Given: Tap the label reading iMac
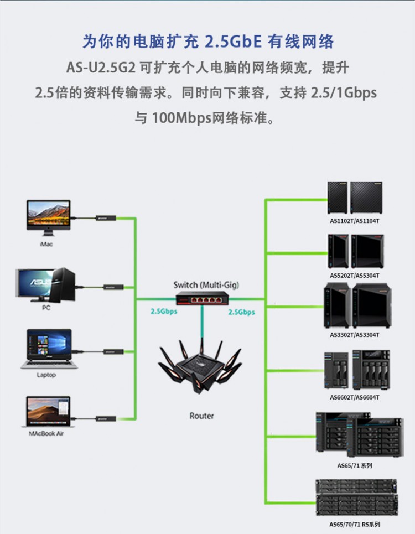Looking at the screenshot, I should tap(46, 244).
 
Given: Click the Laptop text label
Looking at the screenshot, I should tap(46, 375).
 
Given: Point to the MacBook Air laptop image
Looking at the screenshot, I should tap(48, 411).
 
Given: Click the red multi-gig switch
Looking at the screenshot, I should tap(201, 298).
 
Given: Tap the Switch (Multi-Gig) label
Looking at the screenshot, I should tap(206, 284).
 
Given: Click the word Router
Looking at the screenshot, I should tap(201, 416).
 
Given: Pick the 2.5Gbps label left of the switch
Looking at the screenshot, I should tap(164, 312).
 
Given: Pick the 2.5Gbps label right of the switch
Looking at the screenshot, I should tap(242, 312).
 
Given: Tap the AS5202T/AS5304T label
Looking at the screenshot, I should tap(355, 276).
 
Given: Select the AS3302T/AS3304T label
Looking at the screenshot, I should tap(355, 335).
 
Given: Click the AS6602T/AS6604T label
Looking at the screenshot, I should tap(355, 397).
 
